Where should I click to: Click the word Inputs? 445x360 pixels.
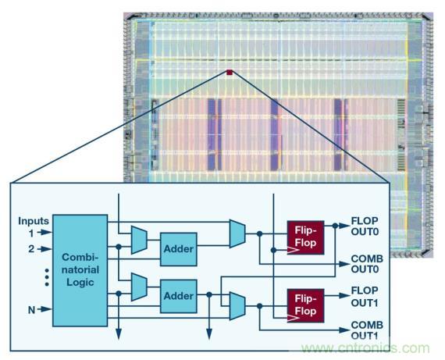34,220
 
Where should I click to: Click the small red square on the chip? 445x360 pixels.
230,73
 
